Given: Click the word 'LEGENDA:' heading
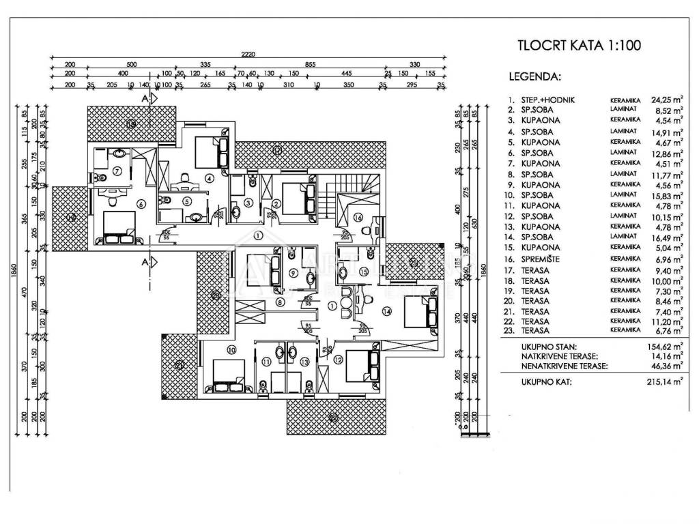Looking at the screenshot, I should [x=534, y=76].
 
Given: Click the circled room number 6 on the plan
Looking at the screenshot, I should [x=141, y=203].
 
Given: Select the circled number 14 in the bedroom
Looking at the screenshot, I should [x=387, y=311].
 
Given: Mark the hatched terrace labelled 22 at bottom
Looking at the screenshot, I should [x=332, y=417].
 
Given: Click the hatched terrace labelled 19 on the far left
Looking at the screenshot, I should [x=72, y=217].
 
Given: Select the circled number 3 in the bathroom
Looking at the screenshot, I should [x=249, y=203].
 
